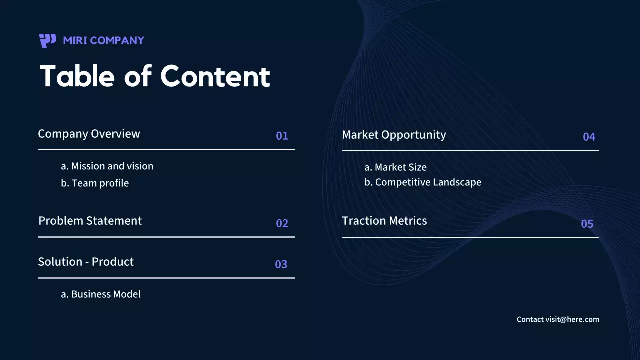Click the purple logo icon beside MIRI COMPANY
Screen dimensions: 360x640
pyautogui.click(x=48, y=40)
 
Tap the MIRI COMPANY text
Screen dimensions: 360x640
pyautogui.click(x=103, y=40)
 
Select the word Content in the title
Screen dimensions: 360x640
pyautogui.click(x=215, y=76)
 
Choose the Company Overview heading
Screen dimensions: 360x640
pyautogui.click(x=89, y=134)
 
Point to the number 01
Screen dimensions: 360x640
pyautogui.click(x=282, y=136)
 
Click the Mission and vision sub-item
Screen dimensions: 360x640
pyautogui.click(x=107, y=166)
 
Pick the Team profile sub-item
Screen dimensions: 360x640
pyautogui.click(x=95, y=183)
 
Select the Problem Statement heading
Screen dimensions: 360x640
pyautogui.click(x=90, y=221)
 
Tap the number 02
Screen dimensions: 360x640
pyautogui.click(x=282, y=223)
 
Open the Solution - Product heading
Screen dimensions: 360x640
pyautogui.click(x=86, y=262)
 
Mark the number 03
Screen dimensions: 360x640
pyautogui.click(x=281, y=264)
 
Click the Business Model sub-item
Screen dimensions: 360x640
pyautogui.click(x=101, y=294)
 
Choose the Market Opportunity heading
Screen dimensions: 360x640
pyautogui.click(x=394, y=135)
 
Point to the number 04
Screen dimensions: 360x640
pyautogui.click(x=589, y=137)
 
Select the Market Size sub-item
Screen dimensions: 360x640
pyautogui.click(x=395, y=167)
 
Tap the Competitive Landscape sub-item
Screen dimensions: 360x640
pyautogui.click(x=423, y=182)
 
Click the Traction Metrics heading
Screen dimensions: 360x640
pyautogui.click(x=384, y=221)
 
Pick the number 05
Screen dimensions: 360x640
pyautogui.click(x=587, y=224)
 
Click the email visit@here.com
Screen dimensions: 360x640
pyautogui.click(x=572, y=319)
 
